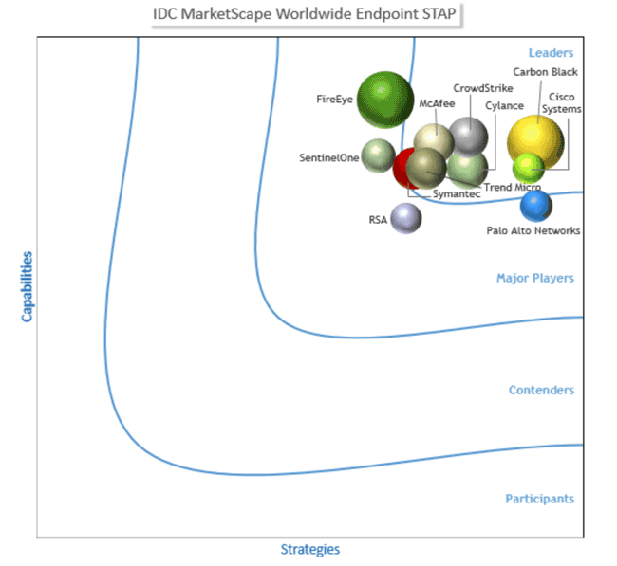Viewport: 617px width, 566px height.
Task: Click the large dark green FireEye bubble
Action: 385,100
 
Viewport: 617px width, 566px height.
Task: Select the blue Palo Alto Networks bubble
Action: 536,206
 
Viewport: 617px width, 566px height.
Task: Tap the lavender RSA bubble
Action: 406,219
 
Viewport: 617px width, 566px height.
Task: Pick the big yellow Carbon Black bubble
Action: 535,143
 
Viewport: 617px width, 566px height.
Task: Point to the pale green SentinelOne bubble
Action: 378,155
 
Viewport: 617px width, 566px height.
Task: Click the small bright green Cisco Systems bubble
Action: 529,169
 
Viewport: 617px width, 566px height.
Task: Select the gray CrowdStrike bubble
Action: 468,137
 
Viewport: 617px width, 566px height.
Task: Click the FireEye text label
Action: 334,99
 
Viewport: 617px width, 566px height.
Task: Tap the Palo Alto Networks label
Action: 533,230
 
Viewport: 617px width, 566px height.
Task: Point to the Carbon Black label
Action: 546,72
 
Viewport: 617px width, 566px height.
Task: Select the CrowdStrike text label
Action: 483,88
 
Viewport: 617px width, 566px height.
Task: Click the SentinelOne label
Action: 329,157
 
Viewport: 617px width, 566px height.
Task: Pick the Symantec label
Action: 457,193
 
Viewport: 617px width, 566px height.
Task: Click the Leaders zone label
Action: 551,53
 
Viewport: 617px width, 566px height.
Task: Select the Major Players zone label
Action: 535,278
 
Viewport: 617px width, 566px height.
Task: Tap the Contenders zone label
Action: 541,390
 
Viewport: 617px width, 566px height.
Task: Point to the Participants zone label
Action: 540,499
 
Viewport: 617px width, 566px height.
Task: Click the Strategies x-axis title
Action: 310,550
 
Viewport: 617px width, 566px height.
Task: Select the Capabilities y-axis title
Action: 27,287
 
